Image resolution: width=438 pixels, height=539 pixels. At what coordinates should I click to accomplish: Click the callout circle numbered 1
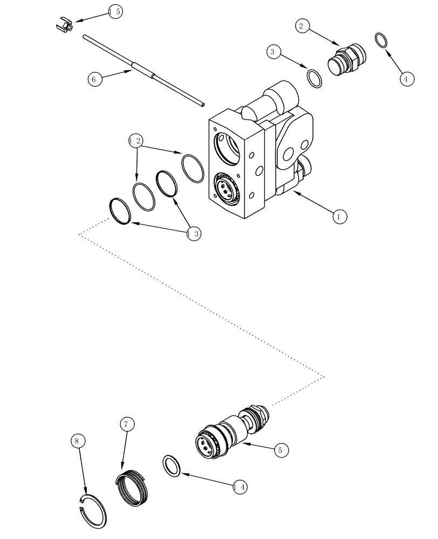tap(339, 217)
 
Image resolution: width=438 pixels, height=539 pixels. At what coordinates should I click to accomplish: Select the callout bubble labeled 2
tap(302, 25)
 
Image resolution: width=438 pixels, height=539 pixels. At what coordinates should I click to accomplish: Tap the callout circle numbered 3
tap(273, 52)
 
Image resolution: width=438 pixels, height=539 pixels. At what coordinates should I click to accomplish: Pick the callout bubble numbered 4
tap(407, 79)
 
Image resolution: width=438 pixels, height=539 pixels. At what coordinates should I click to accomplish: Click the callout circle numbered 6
tap(95, 79)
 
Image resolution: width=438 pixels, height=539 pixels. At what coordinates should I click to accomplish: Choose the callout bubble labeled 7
tap(126, 425)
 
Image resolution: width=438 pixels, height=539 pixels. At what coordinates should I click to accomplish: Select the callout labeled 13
tap(193, 233)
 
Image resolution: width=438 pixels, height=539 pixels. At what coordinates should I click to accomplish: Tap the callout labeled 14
tap(240, 487)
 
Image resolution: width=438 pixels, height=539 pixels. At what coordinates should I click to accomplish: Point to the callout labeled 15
tap(115, 11)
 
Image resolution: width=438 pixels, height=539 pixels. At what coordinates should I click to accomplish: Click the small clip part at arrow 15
tap(64, 25)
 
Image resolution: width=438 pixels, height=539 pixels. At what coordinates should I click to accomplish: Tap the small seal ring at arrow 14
tap(172, 466)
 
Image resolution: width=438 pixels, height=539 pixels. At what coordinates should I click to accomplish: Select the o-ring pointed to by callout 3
tap(314, 78)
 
